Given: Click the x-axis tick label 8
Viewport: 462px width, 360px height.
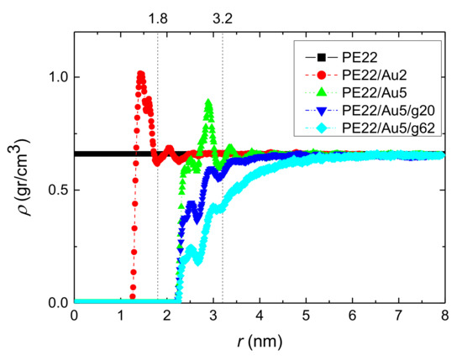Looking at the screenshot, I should point(446,317).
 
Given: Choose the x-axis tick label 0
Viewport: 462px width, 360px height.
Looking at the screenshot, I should point(75,317).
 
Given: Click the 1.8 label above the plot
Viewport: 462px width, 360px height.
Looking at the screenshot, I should point(157,16).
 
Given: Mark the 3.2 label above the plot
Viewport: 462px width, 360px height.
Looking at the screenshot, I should point(223,16).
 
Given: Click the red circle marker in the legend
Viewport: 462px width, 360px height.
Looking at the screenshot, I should point(320,74).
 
